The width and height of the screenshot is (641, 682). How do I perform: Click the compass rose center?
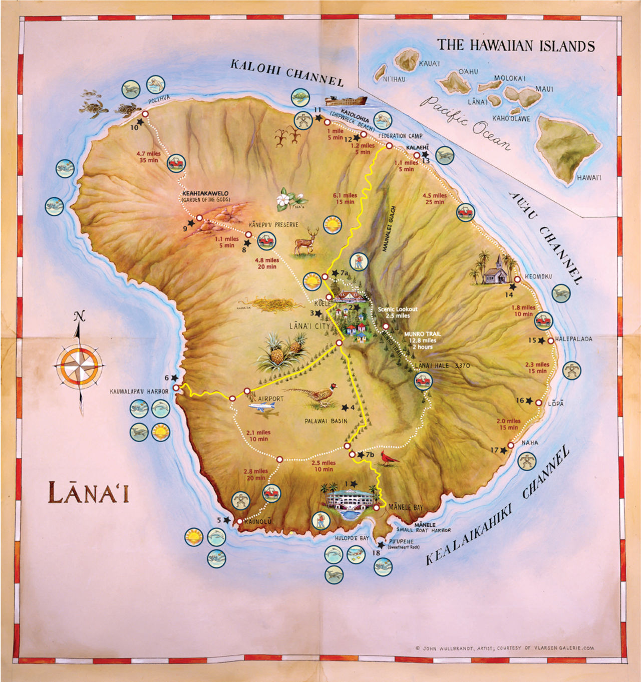pyautogui.click(x=80, y=365)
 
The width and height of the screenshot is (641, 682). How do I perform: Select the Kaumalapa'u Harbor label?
pyautogui.click(x=139, y=391)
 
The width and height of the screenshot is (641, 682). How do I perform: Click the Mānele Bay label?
pyautogui.click(x=406, y=507)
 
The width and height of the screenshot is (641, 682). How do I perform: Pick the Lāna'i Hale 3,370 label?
pyautogui.click(x=442, y=366)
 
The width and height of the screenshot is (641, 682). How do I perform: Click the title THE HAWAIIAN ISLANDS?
pyautogui.click(x=516, y=46)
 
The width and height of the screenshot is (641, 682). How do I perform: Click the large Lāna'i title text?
pyautogui.click(x=89, y=492)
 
